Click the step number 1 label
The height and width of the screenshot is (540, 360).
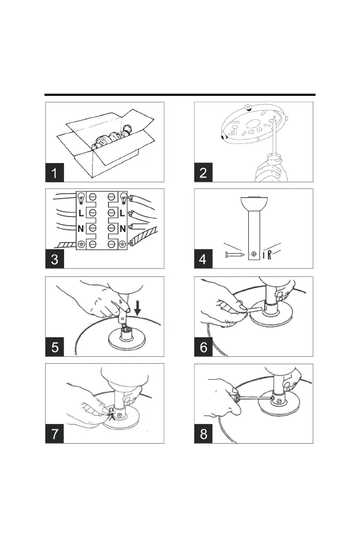pyautogui.click(x=54, y=173)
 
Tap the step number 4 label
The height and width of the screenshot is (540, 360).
pyautogui.click(x=204, y=260)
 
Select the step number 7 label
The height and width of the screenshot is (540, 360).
pyautogui.click(x=54, y=434)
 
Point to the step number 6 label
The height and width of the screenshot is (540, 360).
pyautogui.click(x=204, y=347)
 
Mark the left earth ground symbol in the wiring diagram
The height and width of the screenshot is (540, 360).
pyautogui.click(x=82, y=244)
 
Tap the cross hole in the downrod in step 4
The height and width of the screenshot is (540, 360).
pyautogui.click(x=254, y=255)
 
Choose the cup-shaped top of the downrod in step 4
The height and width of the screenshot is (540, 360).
pyautogui.click(x=254, y=203)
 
